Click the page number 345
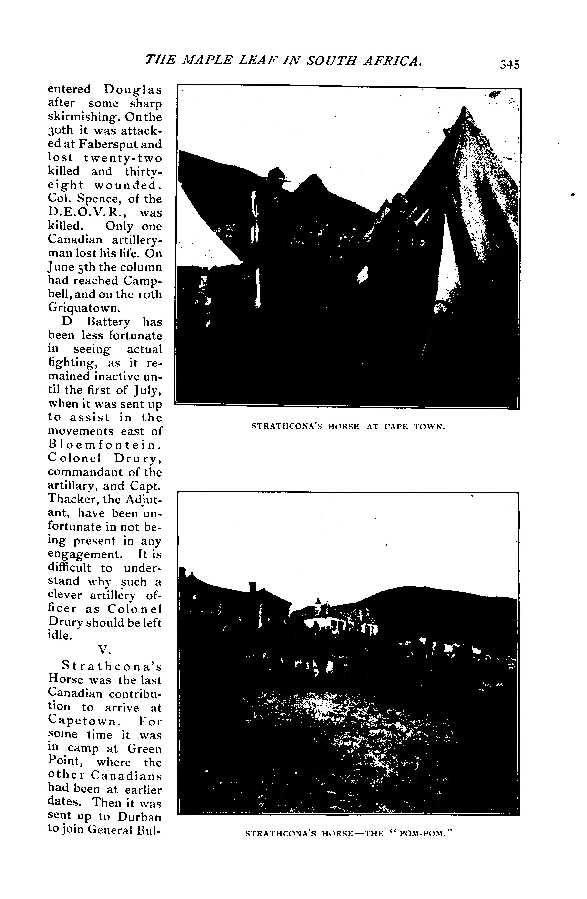tap(510, 64)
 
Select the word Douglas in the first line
tap(133, 90)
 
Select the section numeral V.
tap(104, 649)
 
